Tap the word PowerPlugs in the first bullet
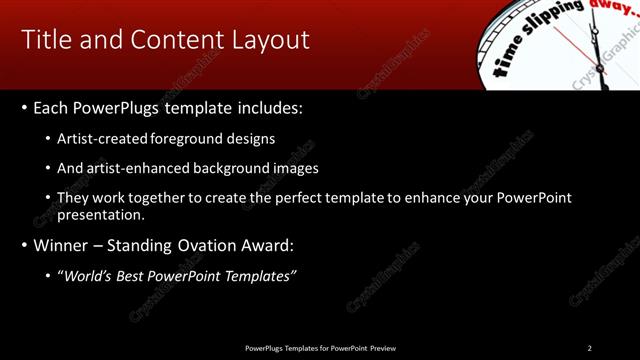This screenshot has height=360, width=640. coord(111,108)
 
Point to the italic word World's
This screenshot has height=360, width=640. coord(89,276)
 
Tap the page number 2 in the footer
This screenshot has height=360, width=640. coord(589,348)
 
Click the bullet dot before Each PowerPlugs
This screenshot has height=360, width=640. coord(23,108)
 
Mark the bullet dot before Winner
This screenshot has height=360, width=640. coord(23,245)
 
